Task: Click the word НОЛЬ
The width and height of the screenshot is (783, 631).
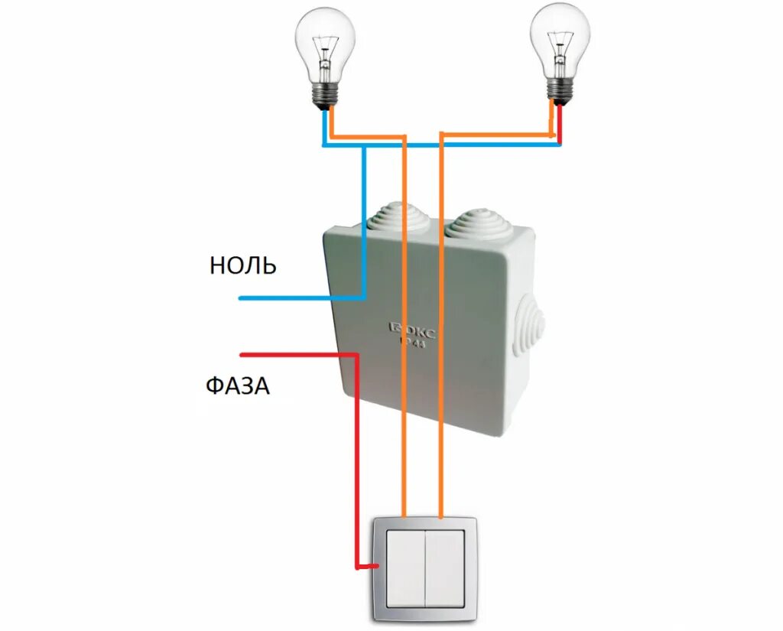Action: [242, 265]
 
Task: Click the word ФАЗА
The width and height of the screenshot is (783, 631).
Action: [237, 385]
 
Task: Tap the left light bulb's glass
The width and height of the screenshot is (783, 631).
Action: [327, 46]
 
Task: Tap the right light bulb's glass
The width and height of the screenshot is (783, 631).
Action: [560, 42]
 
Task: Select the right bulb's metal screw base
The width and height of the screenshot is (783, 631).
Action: [560, 91]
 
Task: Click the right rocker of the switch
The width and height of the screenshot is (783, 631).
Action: [443, 568]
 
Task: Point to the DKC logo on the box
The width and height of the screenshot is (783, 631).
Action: [414, 331]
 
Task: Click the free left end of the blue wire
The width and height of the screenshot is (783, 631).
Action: [242, 298]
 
